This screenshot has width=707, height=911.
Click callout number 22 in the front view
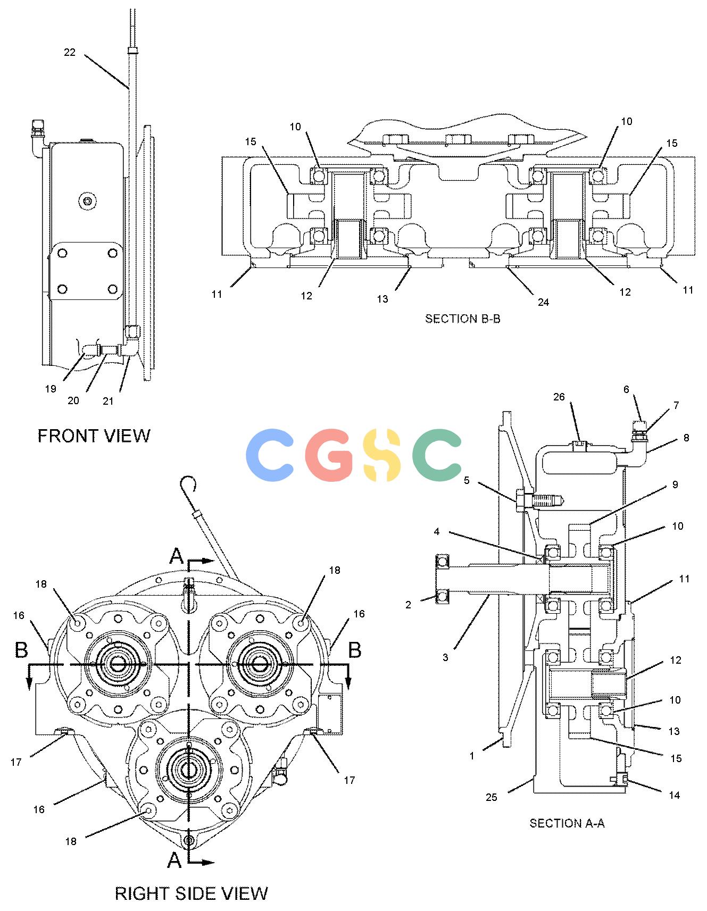[x=70, y=52]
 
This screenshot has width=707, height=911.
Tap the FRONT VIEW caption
[x=94, y=436]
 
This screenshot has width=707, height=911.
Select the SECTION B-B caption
[x=462, y=319]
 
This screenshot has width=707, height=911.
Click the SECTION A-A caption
[x=567, y=823]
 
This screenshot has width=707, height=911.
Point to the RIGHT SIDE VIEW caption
[x=191, y=893]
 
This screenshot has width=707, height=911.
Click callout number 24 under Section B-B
[x=543, y=302]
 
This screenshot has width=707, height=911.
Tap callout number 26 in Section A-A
[x=559, y=397]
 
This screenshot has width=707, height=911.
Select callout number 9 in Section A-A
[x=675, y=484]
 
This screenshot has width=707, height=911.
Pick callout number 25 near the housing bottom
[x=491, y=797]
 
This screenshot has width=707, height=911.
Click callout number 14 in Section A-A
[x=674, y=795]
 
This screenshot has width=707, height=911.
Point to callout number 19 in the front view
[x=51, y=389]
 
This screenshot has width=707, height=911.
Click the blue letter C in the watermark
[x=270, y=455]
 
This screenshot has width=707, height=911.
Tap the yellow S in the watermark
[x=382, y=455]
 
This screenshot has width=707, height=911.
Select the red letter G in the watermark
[x=329, y=455]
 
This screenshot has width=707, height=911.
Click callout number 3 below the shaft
[x=445, y=657]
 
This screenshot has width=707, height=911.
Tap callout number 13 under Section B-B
[x=382, y=299]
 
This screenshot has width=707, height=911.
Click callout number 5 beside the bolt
[x=467, y=480]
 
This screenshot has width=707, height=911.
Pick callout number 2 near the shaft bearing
[x=408, y=605]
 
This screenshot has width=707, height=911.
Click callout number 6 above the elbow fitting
[x=626, y=389]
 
